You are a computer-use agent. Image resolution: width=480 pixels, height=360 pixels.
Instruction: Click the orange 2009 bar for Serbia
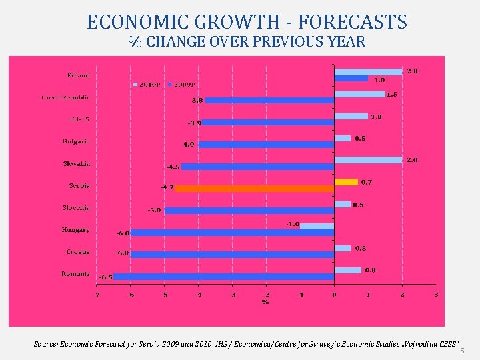[x=254, y=188]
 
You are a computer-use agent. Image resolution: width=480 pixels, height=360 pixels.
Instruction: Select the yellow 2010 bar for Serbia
[x=346, y=181]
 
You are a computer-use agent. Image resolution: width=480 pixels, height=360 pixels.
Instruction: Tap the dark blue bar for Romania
[x=223, y=276]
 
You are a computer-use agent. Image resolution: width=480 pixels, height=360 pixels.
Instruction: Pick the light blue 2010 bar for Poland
[x=368, y=71]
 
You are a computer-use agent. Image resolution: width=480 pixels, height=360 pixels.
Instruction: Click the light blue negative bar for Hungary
[x=317, y=226]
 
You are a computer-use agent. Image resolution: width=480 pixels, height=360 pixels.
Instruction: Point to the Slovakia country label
[x=76, y=163]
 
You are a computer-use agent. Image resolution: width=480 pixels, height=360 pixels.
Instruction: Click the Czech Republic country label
[x=65, y=97]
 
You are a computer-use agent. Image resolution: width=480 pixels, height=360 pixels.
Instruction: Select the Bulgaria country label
[x=77, y=141]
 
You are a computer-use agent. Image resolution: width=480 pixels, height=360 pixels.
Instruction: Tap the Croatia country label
[x=78, y=252]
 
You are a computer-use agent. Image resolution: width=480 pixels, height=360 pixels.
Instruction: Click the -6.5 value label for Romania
[x=105, y=277]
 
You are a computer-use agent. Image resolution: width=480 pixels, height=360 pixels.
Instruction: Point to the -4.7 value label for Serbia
[x=167, y=188]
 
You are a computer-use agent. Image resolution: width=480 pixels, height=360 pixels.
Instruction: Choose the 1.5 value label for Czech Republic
[x=392, y=94]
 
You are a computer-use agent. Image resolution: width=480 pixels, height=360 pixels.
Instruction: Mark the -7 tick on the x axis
[x=96, y=294]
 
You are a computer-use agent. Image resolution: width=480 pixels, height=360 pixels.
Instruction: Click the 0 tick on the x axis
[x=334, y=294]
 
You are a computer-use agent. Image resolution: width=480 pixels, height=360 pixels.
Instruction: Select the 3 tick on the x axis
[x=435, y=294]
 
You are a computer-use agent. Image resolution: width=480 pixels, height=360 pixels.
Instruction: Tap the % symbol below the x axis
[x=265, y=302]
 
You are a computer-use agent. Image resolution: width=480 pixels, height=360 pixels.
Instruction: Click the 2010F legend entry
[x=147, y=84]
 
